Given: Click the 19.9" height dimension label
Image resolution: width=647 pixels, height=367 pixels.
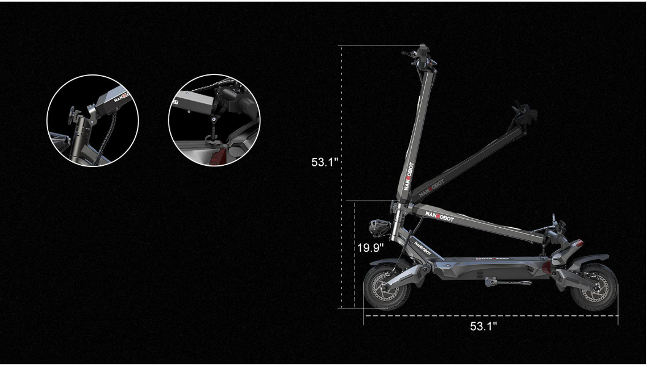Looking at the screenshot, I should tap(370, 248).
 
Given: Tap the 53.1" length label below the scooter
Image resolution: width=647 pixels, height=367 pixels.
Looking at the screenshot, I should tap(483, 326).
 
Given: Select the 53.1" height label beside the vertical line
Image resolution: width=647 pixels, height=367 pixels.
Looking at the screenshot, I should tap(324, 162).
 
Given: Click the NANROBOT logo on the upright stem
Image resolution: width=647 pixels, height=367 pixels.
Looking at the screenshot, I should tap(409, 176).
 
